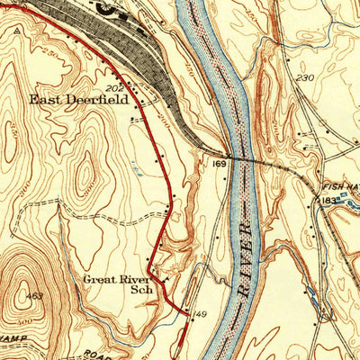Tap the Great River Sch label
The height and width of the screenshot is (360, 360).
coord(117,284)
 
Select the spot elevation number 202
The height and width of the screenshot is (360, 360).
coord(113,88)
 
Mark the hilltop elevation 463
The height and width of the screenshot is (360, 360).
coord(35,296)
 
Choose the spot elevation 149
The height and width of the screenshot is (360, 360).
coord(201,314)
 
